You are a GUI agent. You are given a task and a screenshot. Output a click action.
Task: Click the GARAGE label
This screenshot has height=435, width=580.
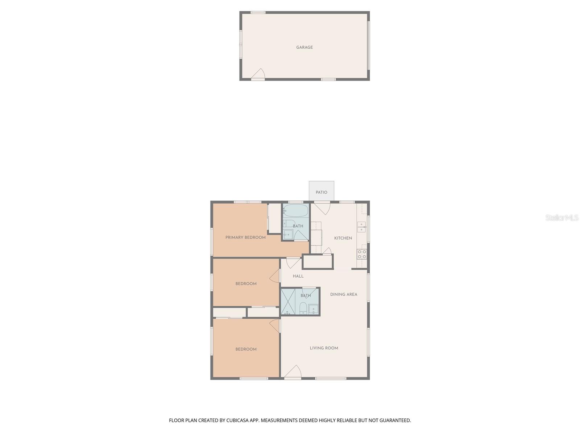click(304, 47)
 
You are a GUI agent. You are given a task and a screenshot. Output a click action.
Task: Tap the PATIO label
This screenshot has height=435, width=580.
click(321, 192)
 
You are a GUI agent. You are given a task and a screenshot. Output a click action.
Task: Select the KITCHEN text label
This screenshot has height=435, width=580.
click(343, 238)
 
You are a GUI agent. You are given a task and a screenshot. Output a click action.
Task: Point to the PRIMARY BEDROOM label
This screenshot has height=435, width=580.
click(245, 237)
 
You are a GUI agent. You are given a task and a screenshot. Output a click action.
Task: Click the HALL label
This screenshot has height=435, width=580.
click(298, 276)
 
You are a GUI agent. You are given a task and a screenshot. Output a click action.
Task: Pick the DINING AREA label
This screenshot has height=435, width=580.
click(344, 294)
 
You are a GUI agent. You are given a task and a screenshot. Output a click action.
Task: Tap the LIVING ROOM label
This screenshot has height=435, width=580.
click(324, 348)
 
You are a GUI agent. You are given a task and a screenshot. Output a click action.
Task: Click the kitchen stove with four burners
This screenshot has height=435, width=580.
click(362, 254)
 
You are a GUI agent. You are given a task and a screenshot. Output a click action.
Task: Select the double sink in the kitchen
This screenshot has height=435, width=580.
click(361, 227)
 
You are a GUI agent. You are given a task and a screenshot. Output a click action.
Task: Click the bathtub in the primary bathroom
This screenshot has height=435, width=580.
click(296, 211)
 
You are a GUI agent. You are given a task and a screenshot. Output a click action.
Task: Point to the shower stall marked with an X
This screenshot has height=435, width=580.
click(288, 302)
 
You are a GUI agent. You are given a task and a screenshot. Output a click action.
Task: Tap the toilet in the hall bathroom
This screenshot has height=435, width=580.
click(303, 308)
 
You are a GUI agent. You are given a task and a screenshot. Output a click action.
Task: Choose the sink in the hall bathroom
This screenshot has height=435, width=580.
click(314, 309)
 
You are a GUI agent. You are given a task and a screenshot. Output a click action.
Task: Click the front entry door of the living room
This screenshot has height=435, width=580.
click(293, 372)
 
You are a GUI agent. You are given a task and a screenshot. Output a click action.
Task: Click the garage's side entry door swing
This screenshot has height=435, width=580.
click(258, 74)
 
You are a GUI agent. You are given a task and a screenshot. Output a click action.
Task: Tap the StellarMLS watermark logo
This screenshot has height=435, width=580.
click(562, 217)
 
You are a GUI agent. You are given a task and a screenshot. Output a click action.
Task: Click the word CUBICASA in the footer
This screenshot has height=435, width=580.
click(238, 420)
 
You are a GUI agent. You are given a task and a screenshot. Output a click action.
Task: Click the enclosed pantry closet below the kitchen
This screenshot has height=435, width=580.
click(318, 261)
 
